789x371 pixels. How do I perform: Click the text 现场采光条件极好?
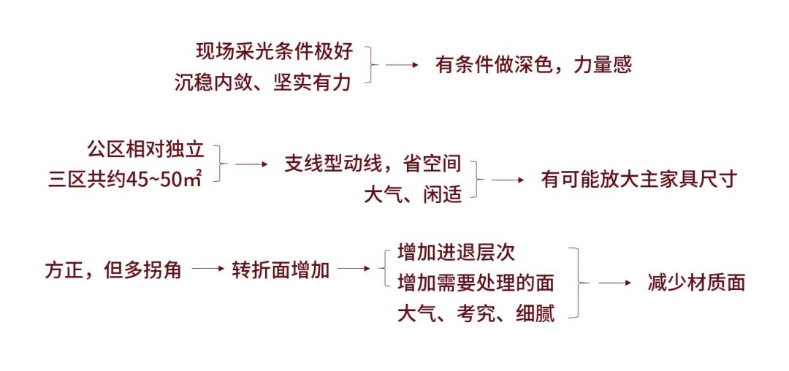click(274, 51)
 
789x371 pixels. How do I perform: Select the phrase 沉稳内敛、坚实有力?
click(263, 82)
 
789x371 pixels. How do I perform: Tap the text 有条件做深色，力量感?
click(533, 65)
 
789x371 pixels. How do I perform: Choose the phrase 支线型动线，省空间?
click(373, 164)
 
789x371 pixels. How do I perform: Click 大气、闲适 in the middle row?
click(413, 194)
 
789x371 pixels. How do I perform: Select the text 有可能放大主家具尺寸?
click(640, 180)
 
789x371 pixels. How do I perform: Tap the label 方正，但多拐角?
click(113, 269)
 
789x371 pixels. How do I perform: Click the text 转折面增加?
click(281, 269)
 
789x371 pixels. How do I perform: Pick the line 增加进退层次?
click(456, 253)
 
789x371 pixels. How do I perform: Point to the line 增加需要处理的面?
click(476, 283)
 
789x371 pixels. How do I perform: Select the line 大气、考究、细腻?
click(476, 314)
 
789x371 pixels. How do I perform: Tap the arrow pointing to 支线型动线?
click(252, 164)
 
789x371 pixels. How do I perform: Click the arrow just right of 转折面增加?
click(354, 269)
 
